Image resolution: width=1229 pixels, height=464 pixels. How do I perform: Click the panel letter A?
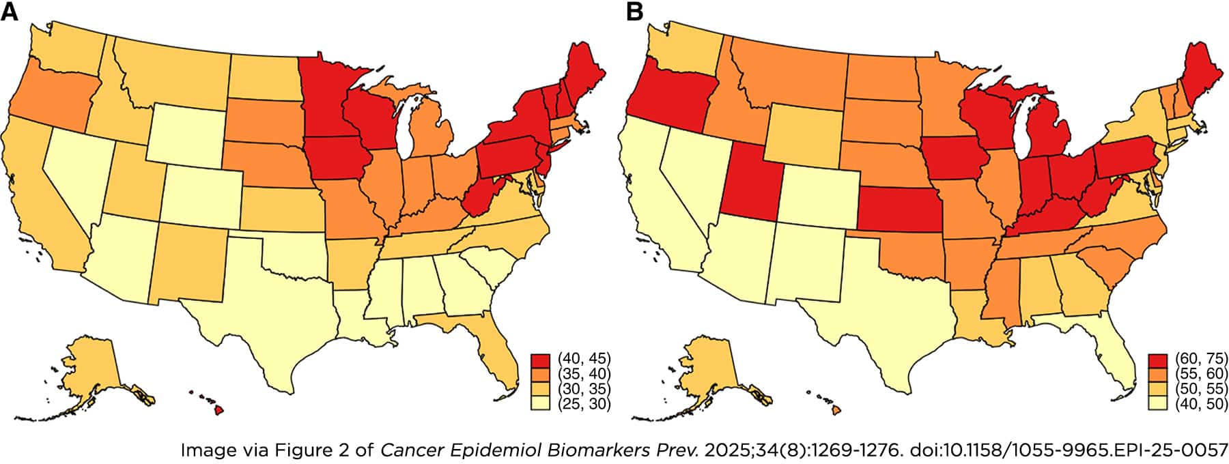tap(10, 13)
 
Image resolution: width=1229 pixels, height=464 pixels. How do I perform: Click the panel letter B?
tap(634, 13)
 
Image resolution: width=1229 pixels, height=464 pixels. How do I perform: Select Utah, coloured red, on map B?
tap(751, 181)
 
